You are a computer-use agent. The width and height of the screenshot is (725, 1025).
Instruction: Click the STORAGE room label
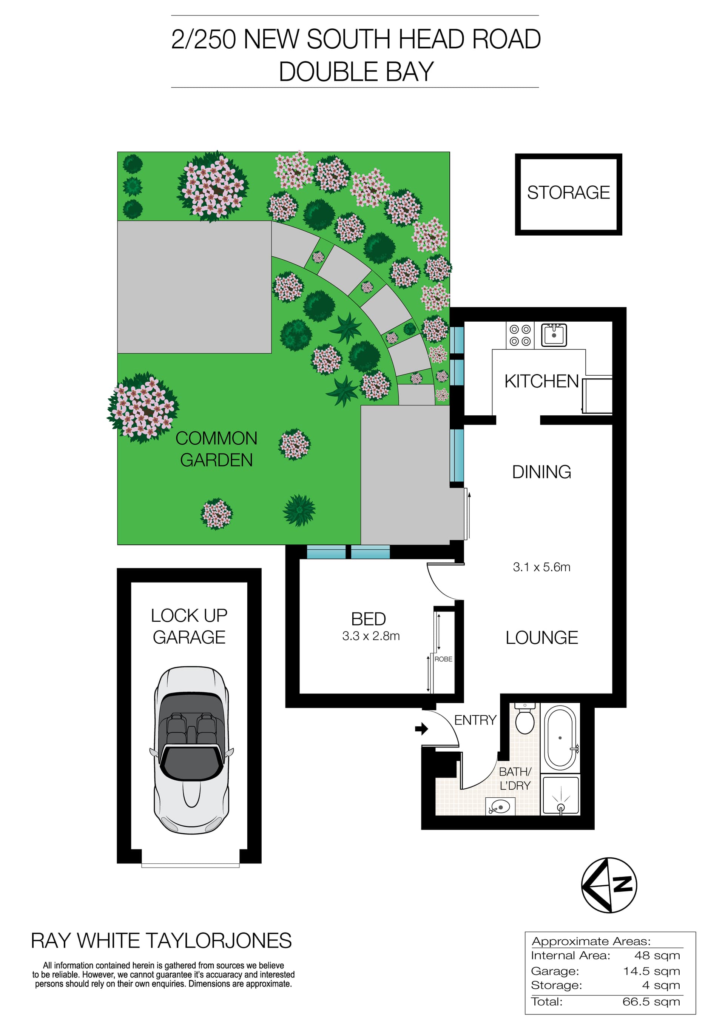click(x=568, y=193)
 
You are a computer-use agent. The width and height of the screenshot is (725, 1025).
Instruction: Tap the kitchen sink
click(x=554, y=335)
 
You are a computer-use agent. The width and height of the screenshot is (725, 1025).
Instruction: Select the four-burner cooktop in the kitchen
click(x=520, y=335)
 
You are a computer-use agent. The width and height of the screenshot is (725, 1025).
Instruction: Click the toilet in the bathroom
click(x=524, y=719)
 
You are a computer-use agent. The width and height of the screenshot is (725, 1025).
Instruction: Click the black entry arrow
click(x=421, y=729)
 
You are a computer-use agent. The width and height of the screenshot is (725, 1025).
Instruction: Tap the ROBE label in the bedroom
click(x=443, y=659)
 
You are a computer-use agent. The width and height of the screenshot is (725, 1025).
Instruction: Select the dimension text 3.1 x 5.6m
click(x=541, y=567)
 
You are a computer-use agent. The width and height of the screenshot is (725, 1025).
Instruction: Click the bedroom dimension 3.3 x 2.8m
click(x=370, y=636)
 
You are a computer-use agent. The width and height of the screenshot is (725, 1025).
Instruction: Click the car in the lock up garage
click(x=191, y=750)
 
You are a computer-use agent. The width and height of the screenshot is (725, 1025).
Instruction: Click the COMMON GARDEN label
click(x=216, y=449)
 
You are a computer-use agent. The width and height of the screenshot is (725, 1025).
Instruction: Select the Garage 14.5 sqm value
click(x=651, y=971)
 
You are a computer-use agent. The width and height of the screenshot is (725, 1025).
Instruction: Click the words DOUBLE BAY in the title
click(x=356, y=71)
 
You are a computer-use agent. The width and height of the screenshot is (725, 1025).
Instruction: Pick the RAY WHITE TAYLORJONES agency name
click(x=161, y=941)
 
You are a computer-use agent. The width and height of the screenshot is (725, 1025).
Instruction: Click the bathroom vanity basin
click(x=500, y=807)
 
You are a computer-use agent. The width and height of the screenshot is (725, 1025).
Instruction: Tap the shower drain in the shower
click(x=561, y=807)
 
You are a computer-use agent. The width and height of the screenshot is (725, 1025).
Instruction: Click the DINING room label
click(x=541, y=472)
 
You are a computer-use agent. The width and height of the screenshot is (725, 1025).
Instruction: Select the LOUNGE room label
click(x=541, y=638)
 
